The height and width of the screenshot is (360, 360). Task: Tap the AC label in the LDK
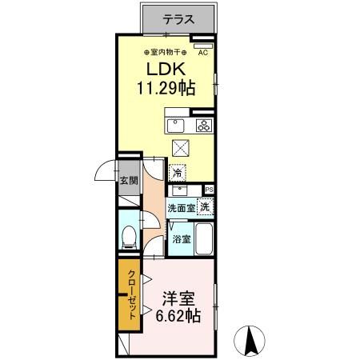[x=203, y=54]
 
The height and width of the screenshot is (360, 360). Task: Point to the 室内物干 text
[x=166, y=54]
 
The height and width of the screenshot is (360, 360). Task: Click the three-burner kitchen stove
[x=204, y=125]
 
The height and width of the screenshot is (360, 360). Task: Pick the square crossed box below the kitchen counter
[x=181, y=147]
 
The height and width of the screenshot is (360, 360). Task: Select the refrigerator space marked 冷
[x=177, y=171]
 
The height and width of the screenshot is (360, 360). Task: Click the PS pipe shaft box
[x=210, y=190]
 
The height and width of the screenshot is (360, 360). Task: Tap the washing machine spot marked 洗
[x=206, y=207]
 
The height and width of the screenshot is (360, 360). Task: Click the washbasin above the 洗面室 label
[x=178, y=190]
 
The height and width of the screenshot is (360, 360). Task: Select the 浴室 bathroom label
[x=181, y=238]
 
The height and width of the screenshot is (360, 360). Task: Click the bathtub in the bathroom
[x=205, y=238]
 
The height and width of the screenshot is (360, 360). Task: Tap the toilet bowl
[x=129, y=236]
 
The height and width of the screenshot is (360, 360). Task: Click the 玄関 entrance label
[x=129, y=182]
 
